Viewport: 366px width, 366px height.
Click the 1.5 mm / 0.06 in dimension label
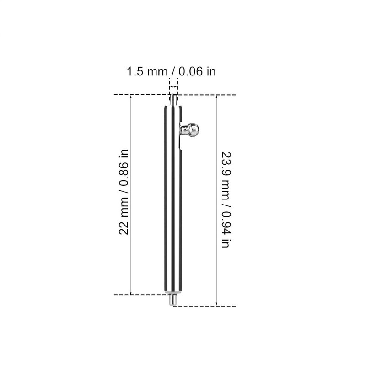coord(171,71)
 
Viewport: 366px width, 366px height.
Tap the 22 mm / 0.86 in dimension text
coord(124,192)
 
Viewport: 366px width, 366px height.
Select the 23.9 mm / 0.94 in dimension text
coord(226,200)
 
